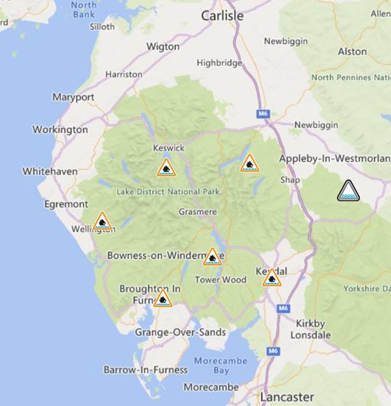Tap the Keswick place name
pos(169,148)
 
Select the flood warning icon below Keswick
pos(166,168)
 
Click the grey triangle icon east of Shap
pos(348,191)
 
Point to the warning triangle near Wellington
pos(102,222)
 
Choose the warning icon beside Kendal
pos(271,279)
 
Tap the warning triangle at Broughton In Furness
pos(162,299)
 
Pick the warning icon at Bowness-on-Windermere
pos(212,257)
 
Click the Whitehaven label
pos(50,171)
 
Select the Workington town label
pos(60,129)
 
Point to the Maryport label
pos(73,97)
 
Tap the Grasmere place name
pos(199,211)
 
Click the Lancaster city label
pos(286,396)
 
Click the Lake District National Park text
pos(168,192)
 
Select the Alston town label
pos(352,51)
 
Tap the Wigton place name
pos(163,46)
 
